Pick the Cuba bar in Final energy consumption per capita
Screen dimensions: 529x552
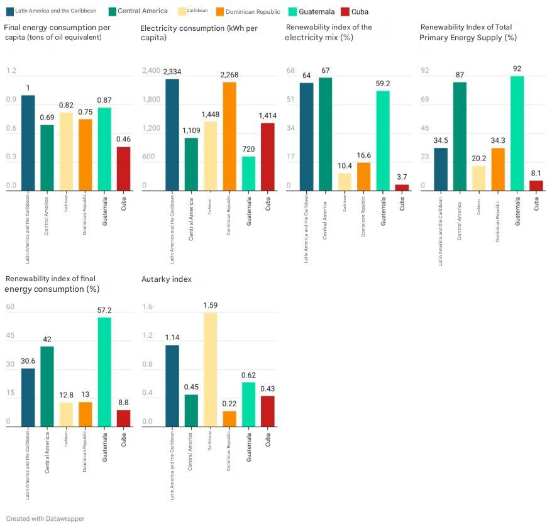[123, 169]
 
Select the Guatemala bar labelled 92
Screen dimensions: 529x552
[517, 133]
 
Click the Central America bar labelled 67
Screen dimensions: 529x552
[325, 133]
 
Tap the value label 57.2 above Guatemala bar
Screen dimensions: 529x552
[104, 311]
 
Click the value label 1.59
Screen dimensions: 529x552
[211, 305]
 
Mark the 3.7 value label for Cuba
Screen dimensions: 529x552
[402, 177]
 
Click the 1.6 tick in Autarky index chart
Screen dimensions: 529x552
[147, 307]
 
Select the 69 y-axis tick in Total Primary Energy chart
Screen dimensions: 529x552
[424, 99]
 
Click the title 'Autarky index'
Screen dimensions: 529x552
[167, 279]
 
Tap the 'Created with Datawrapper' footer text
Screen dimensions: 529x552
[45, 518]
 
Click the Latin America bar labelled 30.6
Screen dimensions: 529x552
[28, 398]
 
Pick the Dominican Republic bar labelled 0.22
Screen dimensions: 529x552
[229, 419]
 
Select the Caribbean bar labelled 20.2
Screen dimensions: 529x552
[479, 177]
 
